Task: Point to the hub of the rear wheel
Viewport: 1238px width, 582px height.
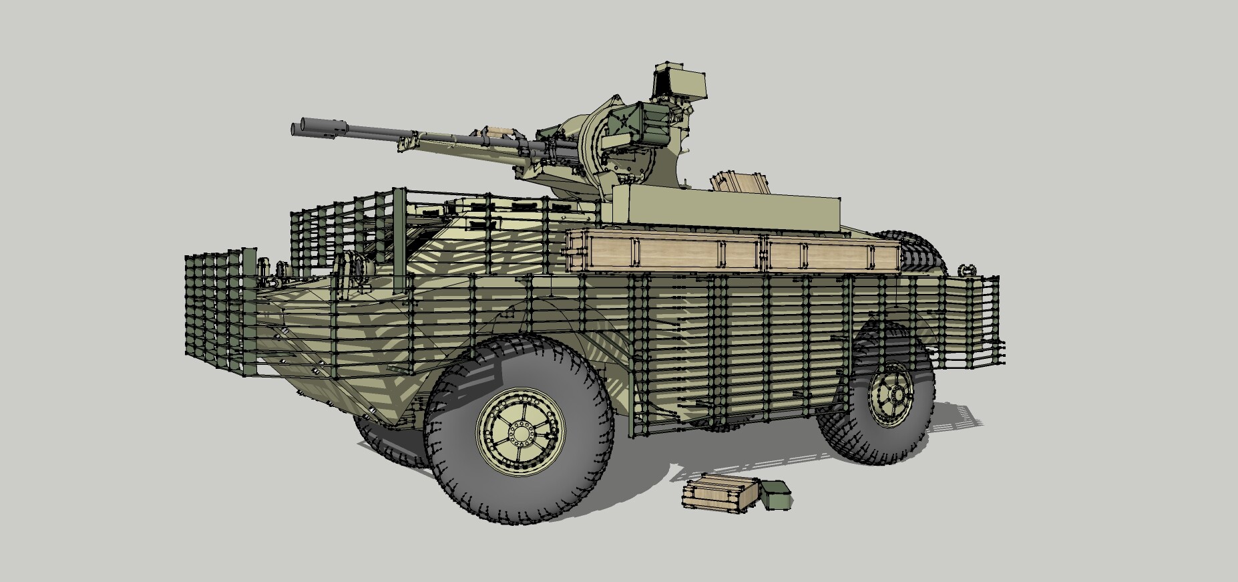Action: coord(890,394)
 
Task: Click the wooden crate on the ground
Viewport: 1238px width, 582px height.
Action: coord(720,494)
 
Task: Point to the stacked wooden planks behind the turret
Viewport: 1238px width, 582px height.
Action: coord(741,182)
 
